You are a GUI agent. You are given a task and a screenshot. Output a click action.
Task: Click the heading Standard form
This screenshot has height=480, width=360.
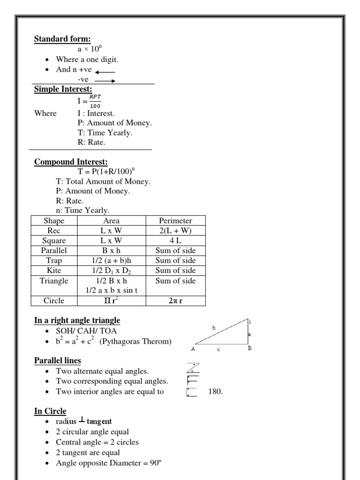58,38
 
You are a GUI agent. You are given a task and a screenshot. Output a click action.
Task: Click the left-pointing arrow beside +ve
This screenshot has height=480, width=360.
105,72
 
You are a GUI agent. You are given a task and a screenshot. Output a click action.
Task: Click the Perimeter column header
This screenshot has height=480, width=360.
175,220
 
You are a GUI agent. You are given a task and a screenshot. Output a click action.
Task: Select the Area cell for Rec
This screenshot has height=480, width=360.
111,231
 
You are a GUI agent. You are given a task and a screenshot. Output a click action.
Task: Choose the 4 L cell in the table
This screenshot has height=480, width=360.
175,240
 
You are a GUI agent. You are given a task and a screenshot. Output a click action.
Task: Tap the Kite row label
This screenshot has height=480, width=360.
54,270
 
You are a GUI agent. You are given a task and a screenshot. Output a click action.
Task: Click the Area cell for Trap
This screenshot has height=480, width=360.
111,261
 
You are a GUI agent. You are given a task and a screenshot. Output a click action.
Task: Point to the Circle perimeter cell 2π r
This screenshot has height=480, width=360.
175,300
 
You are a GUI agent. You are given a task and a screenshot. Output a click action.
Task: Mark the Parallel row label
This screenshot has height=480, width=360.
54,251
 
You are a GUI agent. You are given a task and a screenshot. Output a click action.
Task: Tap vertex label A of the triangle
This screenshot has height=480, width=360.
193,349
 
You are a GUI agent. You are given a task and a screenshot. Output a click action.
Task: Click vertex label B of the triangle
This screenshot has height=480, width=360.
250,348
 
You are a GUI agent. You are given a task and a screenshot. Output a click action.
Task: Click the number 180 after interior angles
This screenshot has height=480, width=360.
216,391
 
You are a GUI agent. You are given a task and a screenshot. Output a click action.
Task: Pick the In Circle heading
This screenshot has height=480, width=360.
50,411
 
